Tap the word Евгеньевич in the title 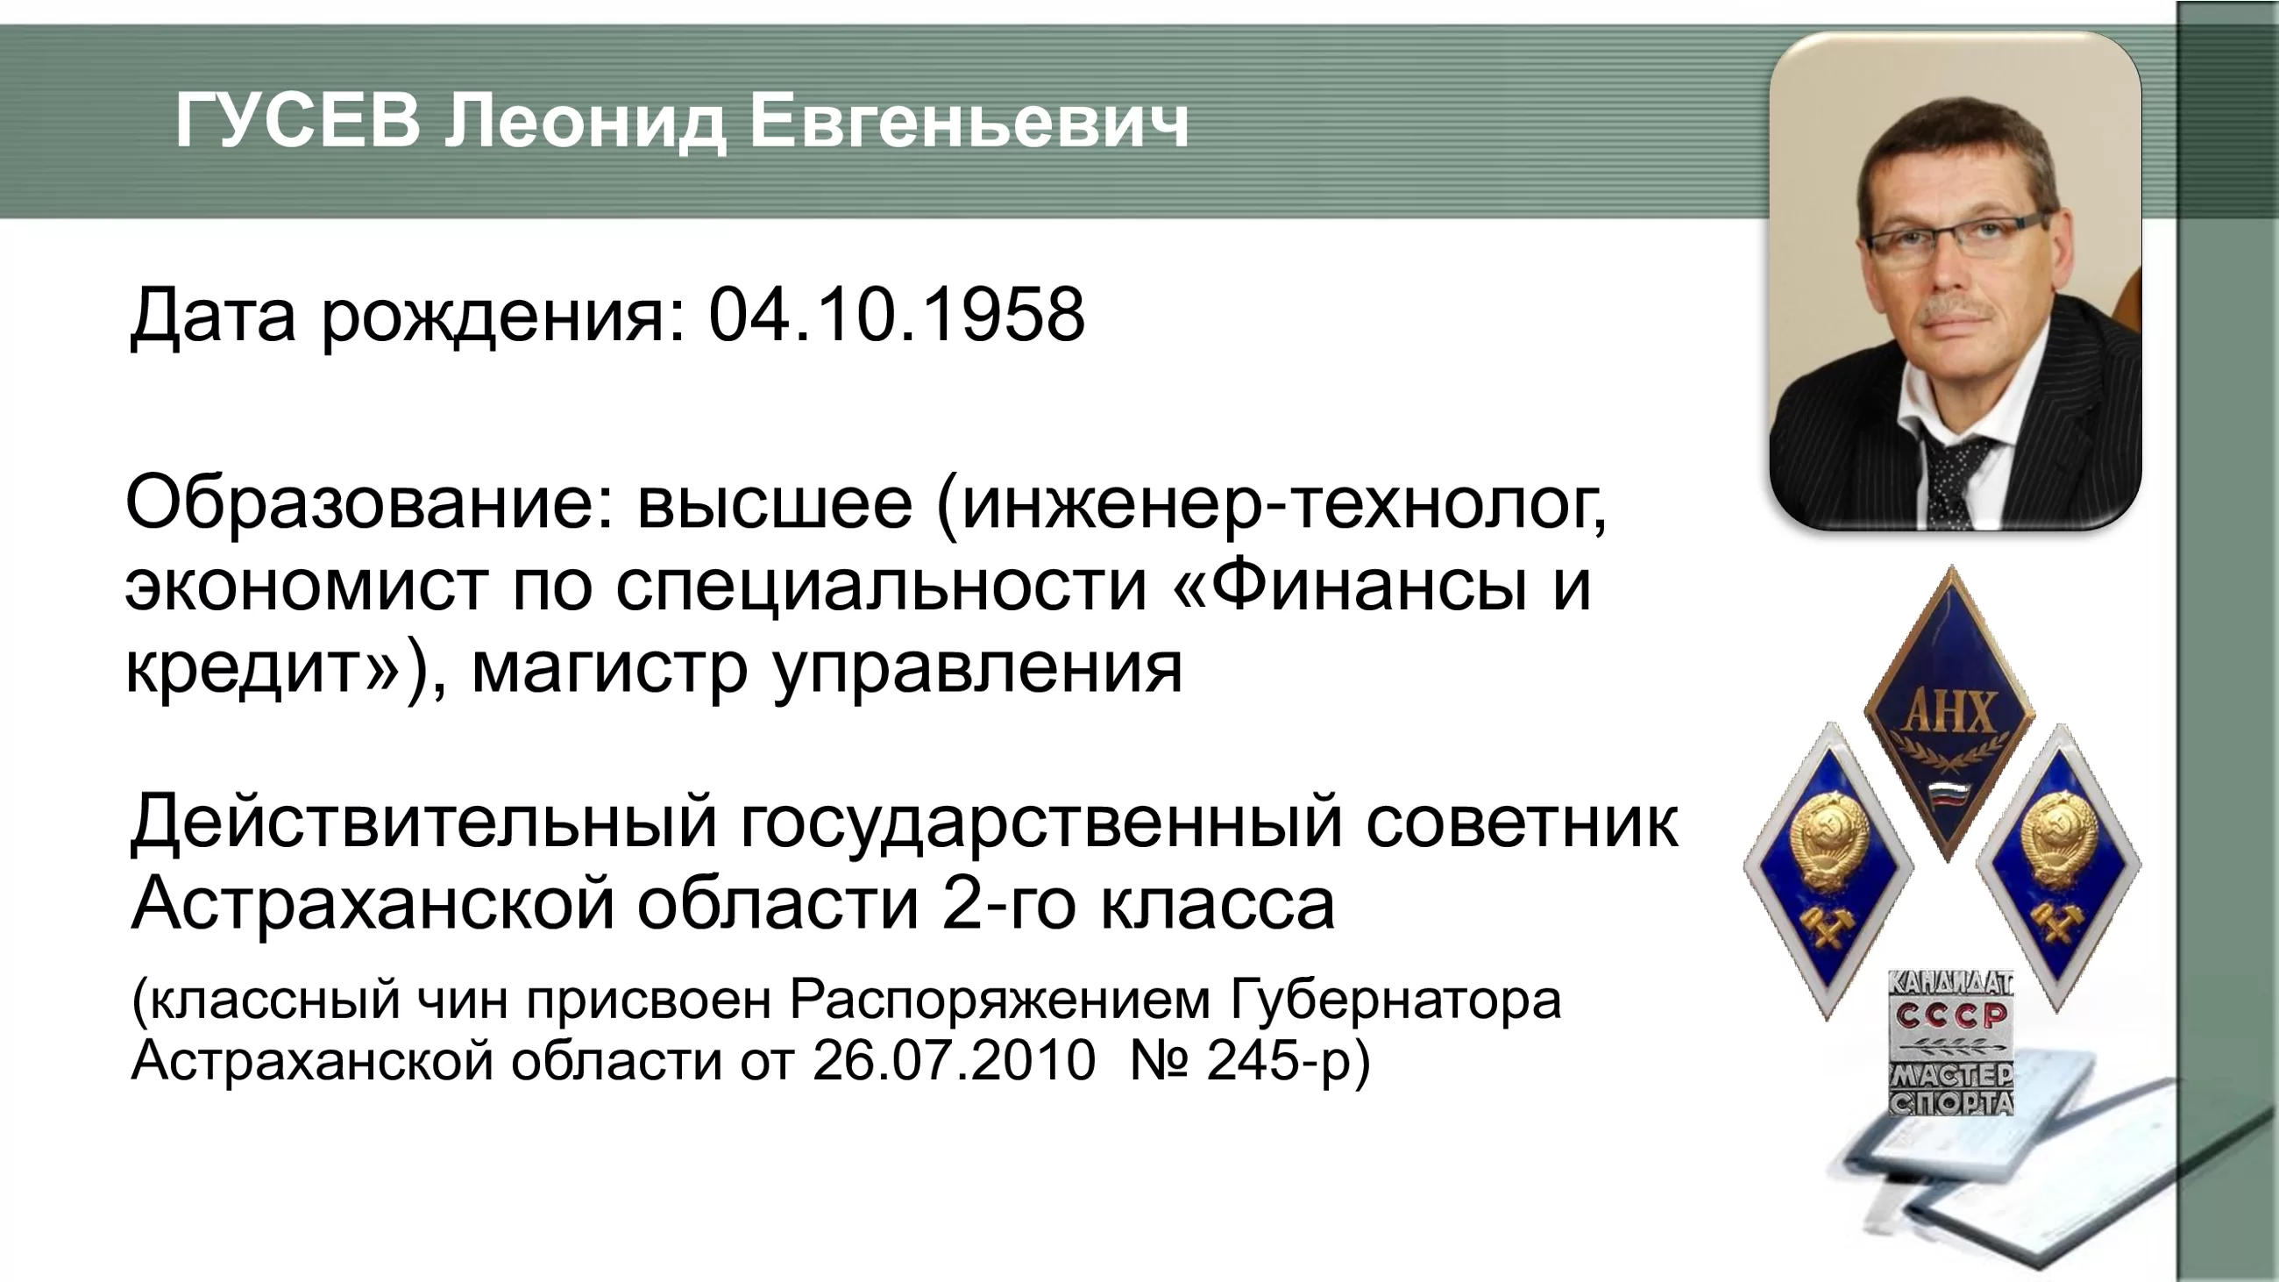969,121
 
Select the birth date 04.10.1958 896,314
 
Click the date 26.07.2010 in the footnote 954,1060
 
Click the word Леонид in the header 585,123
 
